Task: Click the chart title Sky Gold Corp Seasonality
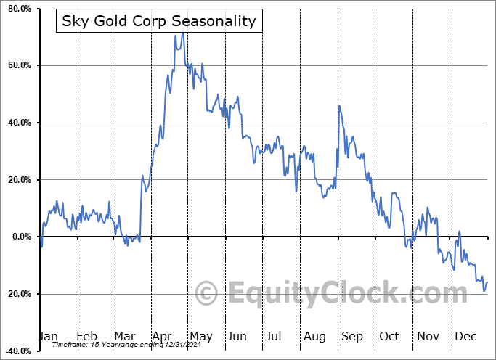[159, 20]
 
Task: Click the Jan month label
[48, 337]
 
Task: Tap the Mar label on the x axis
[124, 337]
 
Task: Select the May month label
[200, 337]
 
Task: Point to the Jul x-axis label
[274, 337]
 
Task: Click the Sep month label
[351, 337]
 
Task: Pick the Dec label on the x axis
[465, 337]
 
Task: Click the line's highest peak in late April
[182, 33]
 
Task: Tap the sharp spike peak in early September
[338, 106]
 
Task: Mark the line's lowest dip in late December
[484, 291]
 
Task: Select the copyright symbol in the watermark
[208, 294]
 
